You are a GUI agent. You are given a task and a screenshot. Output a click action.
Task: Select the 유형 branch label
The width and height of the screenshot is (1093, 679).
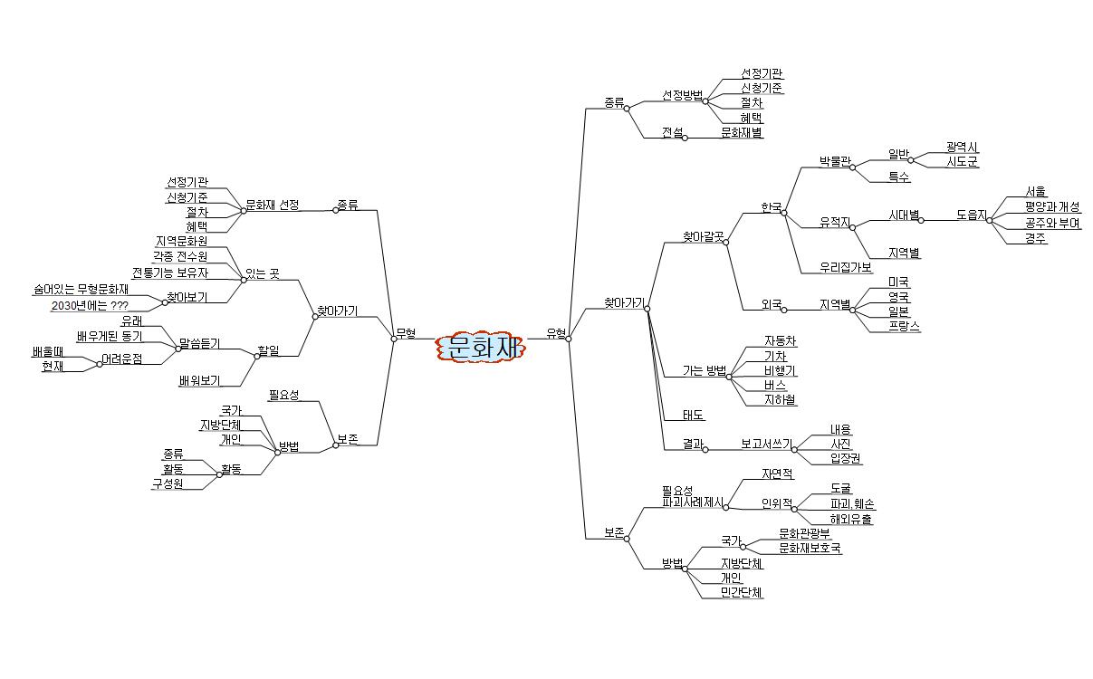click(556, 332)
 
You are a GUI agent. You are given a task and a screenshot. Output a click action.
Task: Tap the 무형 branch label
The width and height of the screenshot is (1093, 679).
click(406, 333)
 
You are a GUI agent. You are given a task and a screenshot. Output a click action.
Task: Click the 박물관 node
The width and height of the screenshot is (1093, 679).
click(835, 161)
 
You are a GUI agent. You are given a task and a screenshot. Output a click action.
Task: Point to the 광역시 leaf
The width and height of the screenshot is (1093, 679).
click(962, 147)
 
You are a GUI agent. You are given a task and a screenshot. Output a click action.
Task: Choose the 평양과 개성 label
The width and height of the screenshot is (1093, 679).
click(1052, 207)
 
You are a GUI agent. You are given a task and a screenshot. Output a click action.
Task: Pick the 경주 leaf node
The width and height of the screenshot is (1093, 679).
click(1036, 238)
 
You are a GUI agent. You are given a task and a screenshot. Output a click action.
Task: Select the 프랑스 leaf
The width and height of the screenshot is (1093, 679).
click(904, 326)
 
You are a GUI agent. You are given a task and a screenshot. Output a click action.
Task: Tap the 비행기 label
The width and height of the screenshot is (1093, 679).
click(780, 371)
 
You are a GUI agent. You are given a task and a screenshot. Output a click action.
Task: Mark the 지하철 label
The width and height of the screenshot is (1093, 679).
click(780, 399)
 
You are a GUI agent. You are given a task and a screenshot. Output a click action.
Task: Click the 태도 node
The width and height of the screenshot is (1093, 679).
click(695, 415)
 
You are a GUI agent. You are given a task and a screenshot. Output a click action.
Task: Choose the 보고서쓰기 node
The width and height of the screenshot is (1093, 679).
click(765, 444)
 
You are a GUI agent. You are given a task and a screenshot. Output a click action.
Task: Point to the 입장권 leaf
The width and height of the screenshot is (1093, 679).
click(845, 459)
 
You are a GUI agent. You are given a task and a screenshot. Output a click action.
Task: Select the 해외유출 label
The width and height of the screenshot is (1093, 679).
click(850, 519)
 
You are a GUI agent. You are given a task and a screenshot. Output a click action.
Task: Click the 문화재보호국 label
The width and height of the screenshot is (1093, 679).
click(810, 548)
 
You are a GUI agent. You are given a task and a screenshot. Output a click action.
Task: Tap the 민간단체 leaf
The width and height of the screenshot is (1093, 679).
click(742, 593)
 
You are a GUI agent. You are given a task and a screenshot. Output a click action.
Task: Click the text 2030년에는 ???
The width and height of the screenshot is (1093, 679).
click(90, 305)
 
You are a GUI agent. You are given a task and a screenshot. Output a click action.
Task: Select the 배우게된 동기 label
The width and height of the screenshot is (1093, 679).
click(116, 337)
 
